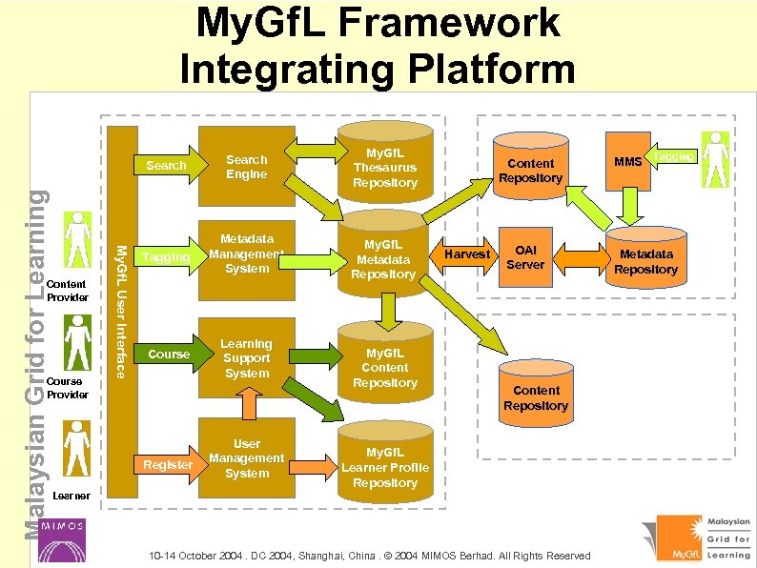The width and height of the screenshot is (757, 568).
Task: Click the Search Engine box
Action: pyautogui.click(x=247, y=167)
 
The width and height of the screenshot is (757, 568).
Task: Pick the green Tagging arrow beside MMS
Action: pyautogui.click(x=673, y=155)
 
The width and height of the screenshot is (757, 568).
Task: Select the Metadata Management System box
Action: pyautogui.click(x=247, y=254)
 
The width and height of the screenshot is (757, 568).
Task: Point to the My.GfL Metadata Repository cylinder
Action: pyautogui.click(x=384, y=259)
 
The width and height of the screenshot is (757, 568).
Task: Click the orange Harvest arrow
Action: pyautogui.click(x=467, y=254)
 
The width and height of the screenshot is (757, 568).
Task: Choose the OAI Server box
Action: pyautogui.click(x=525, y=256)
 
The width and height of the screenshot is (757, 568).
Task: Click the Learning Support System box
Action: pyautogui.click(x=247, y=358)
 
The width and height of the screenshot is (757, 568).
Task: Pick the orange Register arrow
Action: pyautogui.click(x=168, y=464)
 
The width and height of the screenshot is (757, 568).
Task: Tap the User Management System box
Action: pyautogui.click(x=247, y=458)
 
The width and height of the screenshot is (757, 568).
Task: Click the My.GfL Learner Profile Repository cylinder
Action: pyautogui.click(x=384, y=466)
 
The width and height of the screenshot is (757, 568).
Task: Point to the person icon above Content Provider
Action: pyautogui.click(x=75, y=241)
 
